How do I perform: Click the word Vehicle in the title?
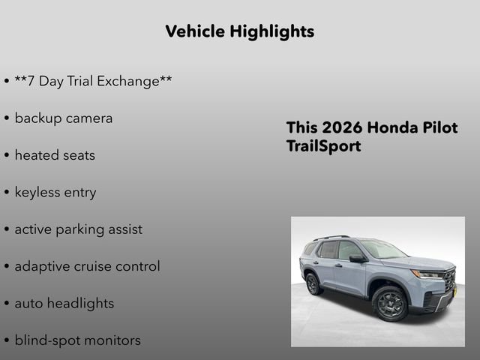194,31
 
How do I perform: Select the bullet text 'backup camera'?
64,118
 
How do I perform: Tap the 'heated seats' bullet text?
55,155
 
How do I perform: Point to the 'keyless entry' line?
55,192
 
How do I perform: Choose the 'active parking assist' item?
78,229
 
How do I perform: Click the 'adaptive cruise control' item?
87,266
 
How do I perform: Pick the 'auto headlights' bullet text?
64,304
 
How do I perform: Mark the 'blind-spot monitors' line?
77,340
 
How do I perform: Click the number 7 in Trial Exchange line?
31,81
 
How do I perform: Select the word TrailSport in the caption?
323,146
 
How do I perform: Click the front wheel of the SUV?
391,303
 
